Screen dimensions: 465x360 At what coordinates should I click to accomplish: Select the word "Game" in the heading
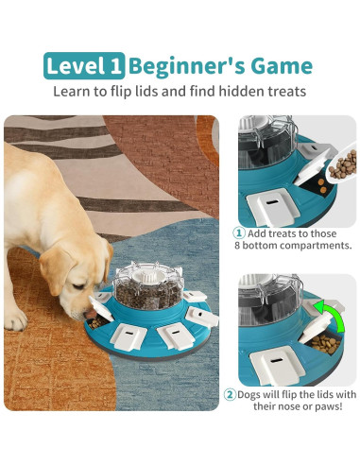pos(279,65)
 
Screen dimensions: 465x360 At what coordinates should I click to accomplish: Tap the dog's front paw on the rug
pos(15,317)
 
